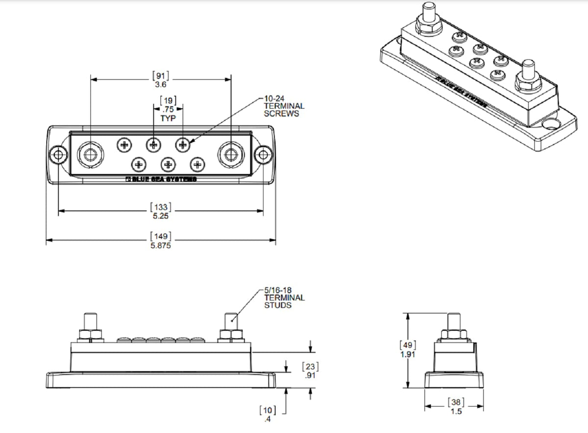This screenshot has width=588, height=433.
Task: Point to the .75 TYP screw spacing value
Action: pyautogui.click(x=168, y=110)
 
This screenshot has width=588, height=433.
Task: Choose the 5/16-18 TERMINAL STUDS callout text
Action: pyautogui.click(x=284, y=298)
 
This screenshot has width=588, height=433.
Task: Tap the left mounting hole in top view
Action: pyautogui.click(x=59, y=155)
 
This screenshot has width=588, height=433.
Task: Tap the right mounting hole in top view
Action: pyautogui.click(x=264, y=155)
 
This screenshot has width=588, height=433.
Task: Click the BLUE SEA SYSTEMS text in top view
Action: pyautogui.click(x=161, y=179)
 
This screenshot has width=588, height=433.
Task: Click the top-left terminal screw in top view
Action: pyautogui.click(x=124, y=145)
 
